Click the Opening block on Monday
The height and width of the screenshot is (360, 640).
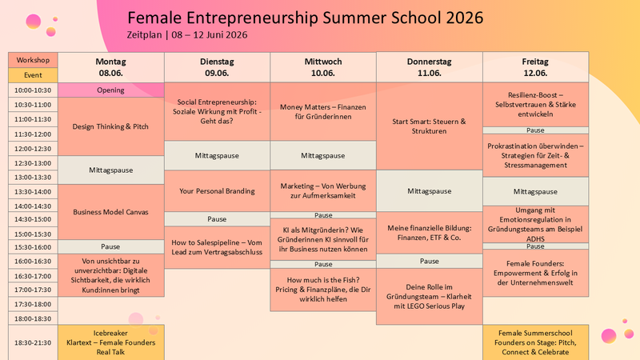[x=111, y=90]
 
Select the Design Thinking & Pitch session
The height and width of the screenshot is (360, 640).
[x=111, y=126]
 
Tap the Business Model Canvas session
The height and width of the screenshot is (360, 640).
[x=111, y=212]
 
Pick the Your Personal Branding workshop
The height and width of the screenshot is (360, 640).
[x=217, y=190]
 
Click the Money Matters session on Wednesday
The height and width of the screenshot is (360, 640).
[x=323, y=112]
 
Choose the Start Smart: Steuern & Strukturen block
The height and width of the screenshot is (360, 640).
[x=430, y=126]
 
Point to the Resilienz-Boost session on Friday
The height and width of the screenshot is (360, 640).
[x=535, y=105]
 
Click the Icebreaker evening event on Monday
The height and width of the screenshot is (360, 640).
[x=111, y=342]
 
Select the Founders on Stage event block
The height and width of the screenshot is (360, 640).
[x=535, y=342]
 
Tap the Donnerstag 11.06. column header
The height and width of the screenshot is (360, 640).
[x=430, y=67]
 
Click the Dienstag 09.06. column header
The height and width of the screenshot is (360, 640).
[x=217, y=67]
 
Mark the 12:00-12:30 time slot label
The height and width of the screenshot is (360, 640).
[x=33, y=149]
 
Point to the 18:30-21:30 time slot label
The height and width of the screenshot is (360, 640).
[x=33, y=342]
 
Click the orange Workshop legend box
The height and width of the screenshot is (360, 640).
[x=33, y=60]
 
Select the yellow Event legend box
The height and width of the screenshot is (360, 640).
[x=33, y=75]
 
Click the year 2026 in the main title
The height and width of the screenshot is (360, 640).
[x=465, y=18]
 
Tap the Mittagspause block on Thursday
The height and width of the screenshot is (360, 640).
[x=430, y=191]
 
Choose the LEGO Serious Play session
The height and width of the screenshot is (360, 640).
[x=430, y=296]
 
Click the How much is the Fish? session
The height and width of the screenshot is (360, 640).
[x=323, y=290]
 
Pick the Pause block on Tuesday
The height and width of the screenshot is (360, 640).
[x=217, y=219]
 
